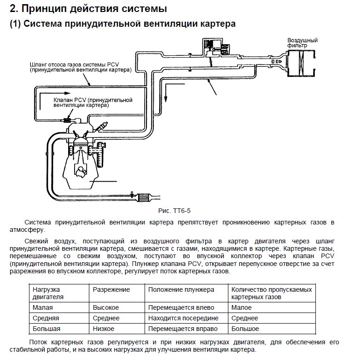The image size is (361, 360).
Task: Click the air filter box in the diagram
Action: click(300, 63)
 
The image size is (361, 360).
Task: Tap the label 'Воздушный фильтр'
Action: click(300, 43)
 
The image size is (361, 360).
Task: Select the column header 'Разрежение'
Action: click(111, 290)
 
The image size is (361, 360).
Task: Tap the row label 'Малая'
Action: click(43, 307)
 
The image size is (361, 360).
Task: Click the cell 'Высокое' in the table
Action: click(106, 307)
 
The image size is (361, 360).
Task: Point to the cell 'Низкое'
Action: click(104, 329)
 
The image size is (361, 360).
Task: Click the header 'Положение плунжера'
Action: click(181, 290)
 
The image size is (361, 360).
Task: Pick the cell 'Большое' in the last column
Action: click(245, 329)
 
